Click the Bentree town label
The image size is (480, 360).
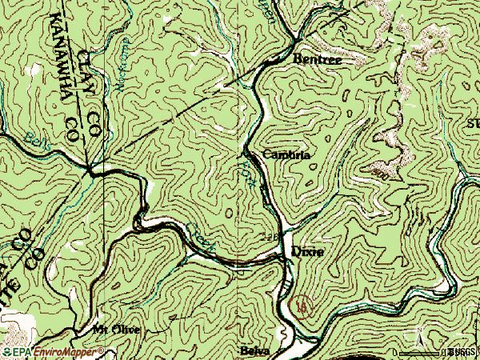312,58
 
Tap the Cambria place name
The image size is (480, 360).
285,154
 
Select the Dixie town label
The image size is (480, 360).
307,251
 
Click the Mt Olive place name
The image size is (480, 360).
115,330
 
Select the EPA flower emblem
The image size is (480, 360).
7,351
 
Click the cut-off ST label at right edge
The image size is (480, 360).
473,123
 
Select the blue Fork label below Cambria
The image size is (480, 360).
249,173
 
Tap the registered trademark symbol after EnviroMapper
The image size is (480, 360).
102,349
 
